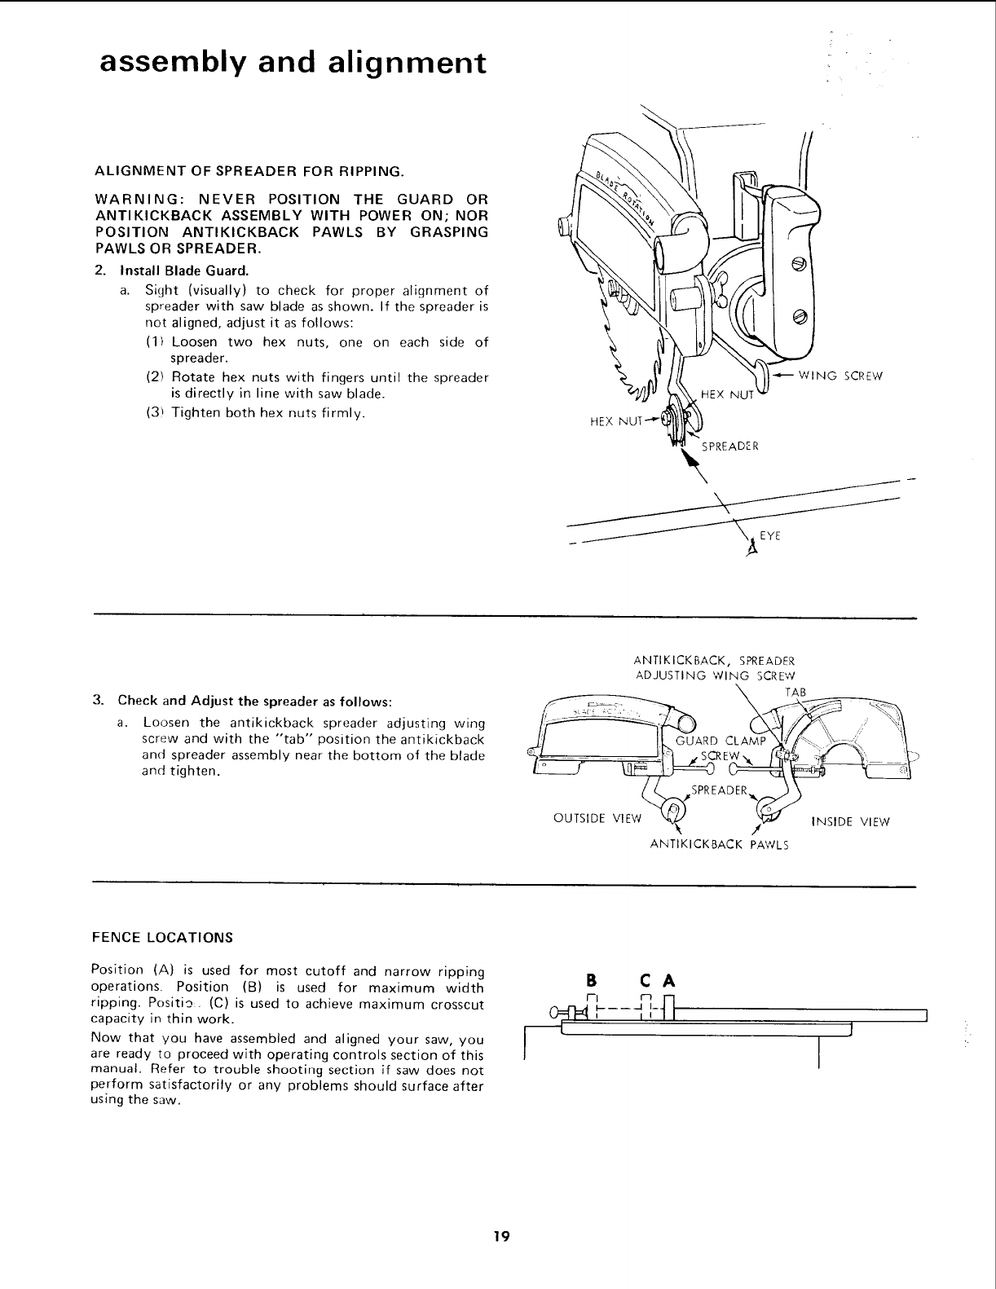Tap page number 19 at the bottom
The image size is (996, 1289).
click(500, 1236)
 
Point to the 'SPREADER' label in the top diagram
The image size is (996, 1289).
click(730, 447)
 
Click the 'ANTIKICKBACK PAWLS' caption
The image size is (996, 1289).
click(719, 844)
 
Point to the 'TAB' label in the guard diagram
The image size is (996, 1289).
click(795, 692)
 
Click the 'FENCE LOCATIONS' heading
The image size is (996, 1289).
click(164, 937)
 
